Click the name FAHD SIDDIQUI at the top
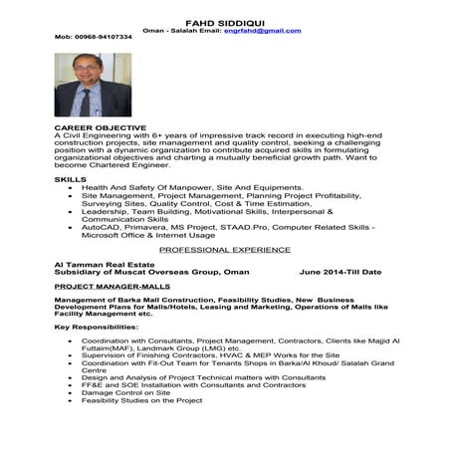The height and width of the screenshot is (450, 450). coord(225,21)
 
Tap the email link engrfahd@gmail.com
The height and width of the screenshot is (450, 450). coord(263,30)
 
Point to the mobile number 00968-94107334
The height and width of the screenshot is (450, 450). coord(93,38)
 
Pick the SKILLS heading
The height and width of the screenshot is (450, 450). coord(71,178)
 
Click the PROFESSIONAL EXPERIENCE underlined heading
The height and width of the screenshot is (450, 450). coord(225,252)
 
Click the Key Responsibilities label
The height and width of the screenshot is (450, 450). coord(97,326)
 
